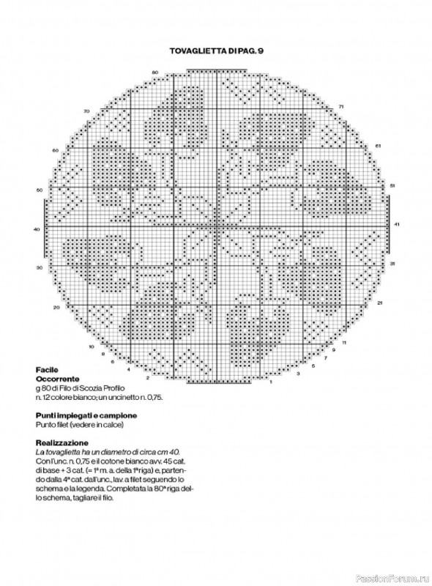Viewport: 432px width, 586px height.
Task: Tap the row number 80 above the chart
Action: (x=155, y=71)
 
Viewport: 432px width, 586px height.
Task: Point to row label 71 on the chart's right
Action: (x=342, y=107)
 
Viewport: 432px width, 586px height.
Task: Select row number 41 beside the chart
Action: (x=396, y=223)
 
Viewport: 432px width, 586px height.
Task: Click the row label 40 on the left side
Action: (x=37, y=229)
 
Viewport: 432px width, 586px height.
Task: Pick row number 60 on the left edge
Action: (x=55, y=150)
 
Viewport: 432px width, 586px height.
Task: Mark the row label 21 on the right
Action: (x=380, y=302)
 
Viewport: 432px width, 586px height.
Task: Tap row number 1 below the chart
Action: (x=271, y=382)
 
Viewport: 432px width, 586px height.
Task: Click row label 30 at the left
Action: (x=40, y=268)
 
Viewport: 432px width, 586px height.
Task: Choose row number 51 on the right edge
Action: (x=392, y=185)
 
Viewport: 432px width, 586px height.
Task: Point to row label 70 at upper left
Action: (x=86, y=111)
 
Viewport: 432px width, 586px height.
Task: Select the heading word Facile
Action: (x=47, y=370)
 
